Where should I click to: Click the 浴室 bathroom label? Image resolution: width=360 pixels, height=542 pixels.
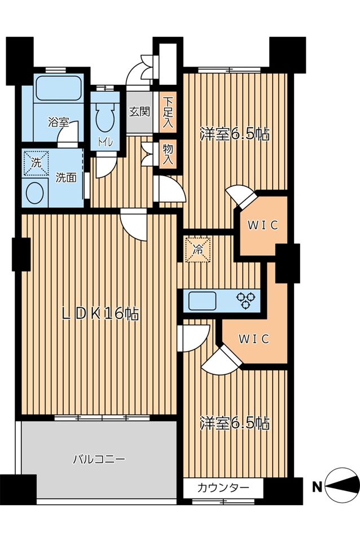58,122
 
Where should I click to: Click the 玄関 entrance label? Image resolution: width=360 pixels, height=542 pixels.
139,111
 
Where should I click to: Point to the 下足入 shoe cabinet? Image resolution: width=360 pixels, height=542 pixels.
168,112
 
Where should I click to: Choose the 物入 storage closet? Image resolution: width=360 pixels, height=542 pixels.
168,155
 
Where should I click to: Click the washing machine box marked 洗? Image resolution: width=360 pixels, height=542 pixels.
36,163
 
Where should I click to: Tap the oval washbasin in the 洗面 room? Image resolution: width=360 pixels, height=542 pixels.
35,193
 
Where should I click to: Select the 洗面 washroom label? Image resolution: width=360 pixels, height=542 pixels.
66,178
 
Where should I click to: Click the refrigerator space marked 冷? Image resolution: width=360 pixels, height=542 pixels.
197,249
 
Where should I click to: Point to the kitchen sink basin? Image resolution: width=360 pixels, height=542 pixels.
202,300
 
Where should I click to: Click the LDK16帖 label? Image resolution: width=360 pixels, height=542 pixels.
100,314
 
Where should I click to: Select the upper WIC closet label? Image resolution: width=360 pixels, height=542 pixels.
263,225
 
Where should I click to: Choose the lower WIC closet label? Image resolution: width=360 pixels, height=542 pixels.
253,339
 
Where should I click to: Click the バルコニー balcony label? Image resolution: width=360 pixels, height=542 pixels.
99,460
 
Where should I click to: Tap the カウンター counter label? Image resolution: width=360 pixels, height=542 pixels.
223,488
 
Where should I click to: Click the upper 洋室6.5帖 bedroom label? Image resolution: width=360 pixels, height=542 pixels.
235,134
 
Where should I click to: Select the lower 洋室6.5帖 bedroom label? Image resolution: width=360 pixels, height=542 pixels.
235,423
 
